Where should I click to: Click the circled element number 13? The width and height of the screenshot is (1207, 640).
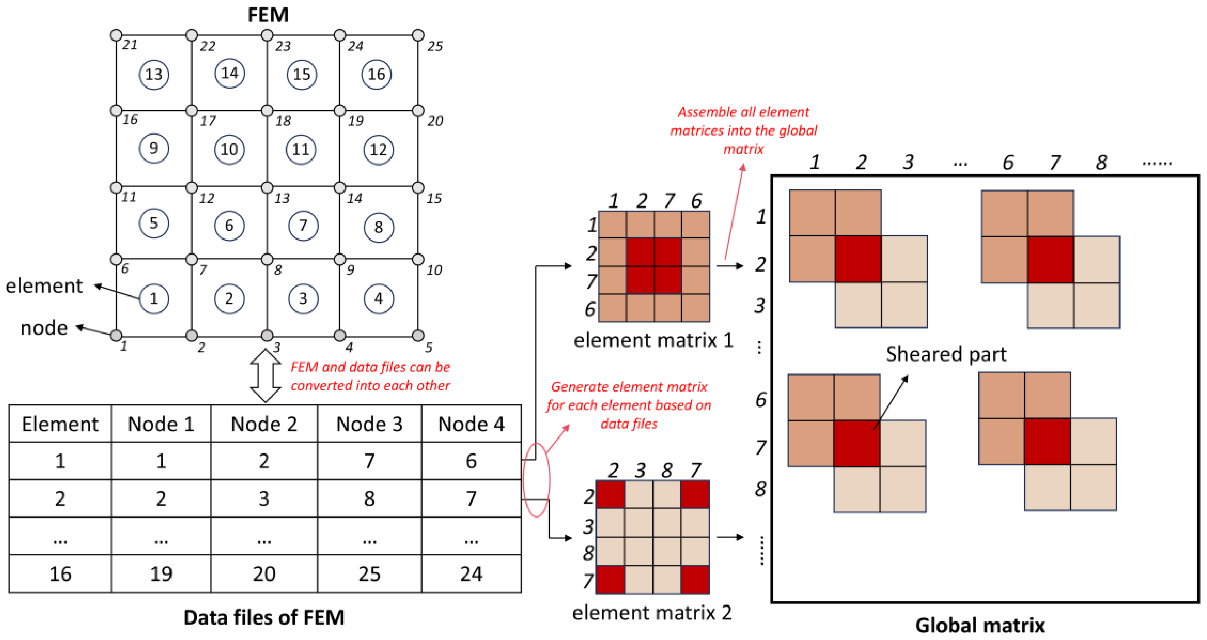tap(154, 74)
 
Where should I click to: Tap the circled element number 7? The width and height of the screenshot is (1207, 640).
tap(303, 225)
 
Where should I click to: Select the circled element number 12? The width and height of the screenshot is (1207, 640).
tap(378, 150)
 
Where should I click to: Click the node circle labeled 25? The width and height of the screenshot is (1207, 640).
tap(418, 35)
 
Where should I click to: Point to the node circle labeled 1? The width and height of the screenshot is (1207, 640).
tap(116, 335)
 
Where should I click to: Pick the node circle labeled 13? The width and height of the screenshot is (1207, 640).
tap(267, 188)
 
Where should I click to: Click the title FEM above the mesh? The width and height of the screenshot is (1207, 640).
tap(268, 15)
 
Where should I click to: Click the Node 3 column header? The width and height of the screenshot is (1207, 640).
tap(369, 424)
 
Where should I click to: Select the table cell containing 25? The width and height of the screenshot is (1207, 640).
tap(369, 574)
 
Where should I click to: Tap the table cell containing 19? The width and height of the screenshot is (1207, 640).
tap(161, 574)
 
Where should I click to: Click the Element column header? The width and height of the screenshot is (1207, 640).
tap(60, 424)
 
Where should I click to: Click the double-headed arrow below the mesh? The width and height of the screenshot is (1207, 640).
tap(266, 376)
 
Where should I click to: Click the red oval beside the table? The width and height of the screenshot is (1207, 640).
tap(536, 480)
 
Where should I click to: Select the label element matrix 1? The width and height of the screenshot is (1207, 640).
tap(653, 341)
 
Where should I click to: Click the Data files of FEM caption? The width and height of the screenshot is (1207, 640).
tap(264, 618)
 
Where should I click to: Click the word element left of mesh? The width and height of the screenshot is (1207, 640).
tap(44, 286)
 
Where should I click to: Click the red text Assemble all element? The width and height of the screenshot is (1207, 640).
tap(743, 112)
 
